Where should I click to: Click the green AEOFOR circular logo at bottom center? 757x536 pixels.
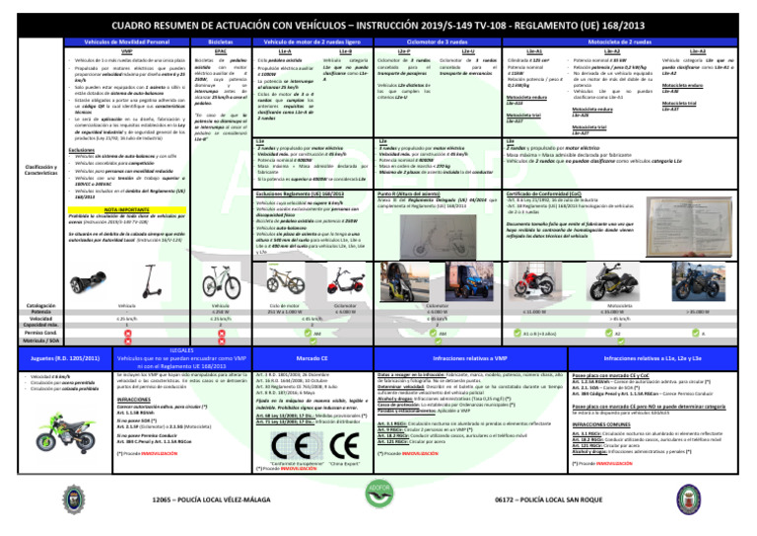378,513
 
